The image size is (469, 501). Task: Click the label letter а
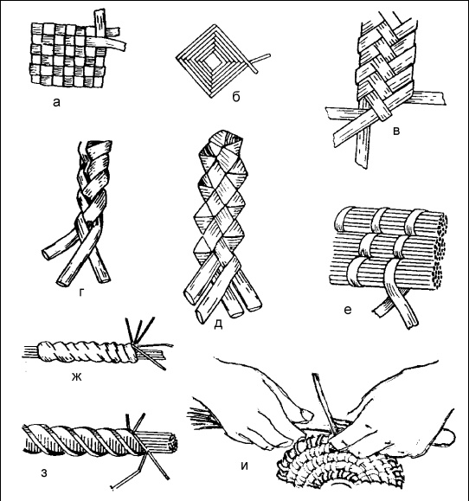pos(56,103)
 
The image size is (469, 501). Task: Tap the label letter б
pos(235,97)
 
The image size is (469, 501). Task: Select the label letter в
pos(396,131)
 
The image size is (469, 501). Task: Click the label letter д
pos(218,324)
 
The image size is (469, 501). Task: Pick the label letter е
pos(348,310)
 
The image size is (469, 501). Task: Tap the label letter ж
pos(77,377)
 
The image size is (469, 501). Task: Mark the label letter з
pos(44,473)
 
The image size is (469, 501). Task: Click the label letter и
pos(244,466)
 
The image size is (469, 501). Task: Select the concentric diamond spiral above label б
pos(213,61)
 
